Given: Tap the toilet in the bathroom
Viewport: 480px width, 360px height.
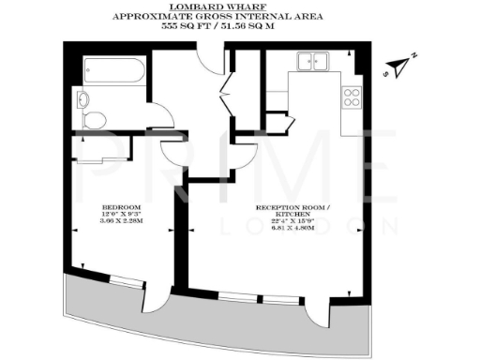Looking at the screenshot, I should point(94,119).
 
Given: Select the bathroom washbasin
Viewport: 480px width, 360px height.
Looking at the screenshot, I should point(83,99).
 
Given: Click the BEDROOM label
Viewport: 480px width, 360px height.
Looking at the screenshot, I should point(122,206).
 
